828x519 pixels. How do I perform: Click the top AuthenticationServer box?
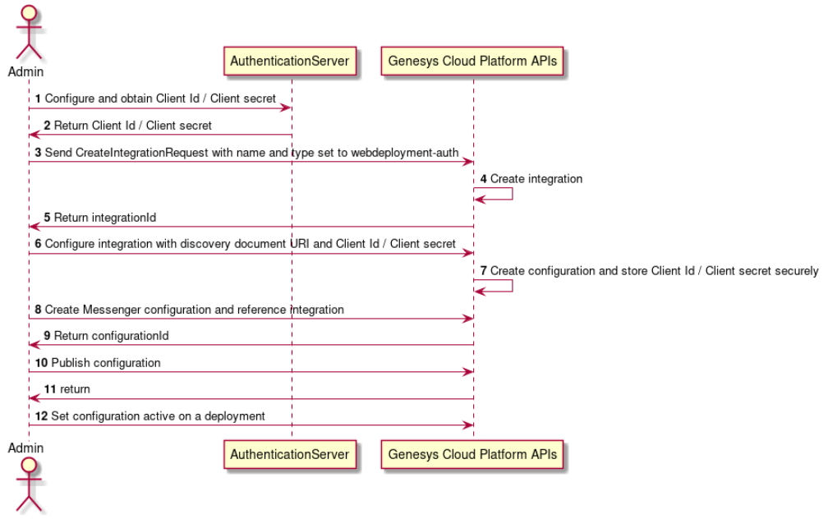coord(290,61)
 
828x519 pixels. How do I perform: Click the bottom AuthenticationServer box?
coord(290,454)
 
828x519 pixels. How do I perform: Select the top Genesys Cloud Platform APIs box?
coord(472,61)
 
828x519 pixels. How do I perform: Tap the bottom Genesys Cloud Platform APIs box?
coord(472,454)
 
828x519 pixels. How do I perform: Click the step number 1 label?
coord(38,99)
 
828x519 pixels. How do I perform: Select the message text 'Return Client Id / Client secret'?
coord(132,126)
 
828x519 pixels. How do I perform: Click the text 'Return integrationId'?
coord(105,218)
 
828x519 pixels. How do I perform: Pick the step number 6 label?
coord(38,245)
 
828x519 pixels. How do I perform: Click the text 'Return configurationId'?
coord(112,336)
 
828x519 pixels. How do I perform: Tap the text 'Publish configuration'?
coord(106,362)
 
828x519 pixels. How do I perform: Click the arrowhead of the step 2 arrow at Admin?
coord(34,135)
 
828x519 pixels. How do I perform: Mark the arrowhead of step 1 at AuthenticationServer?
coord(287,108)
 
